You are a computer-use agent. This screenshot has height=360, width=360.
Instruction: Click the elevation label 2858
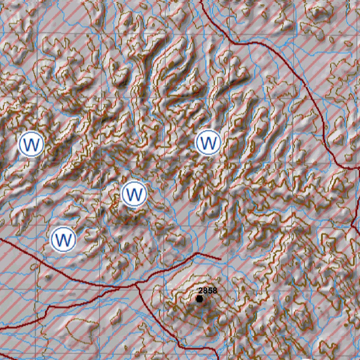pos(207,291)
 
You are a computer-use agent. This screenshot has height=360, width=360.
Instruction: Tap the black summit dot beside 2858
pos(200,299)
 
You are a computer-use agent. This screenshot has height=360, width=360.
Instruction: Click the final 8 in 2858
pos(214,291)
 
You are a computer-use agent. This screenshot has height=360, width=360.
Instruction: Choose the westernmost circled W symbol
pos(31,143)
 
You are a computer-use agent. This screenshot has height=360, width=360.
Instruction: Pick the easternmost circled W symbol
pos(208,142)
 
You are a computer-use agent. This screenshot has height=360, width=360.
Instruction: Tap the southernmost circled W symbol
pos(63,239)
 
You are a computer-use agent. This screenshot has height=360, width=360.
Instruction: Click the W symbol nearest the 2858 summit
pos(134,194)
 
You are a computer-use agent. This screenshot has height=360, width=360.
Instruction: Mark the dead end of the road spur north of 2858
pos(220,259)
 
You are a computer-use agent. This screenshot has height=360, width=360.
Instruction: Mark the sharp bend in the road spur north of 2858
pos(197,253)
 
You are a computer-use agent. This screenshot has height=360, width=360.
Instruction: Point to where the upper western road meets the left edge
pos(1,239)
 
